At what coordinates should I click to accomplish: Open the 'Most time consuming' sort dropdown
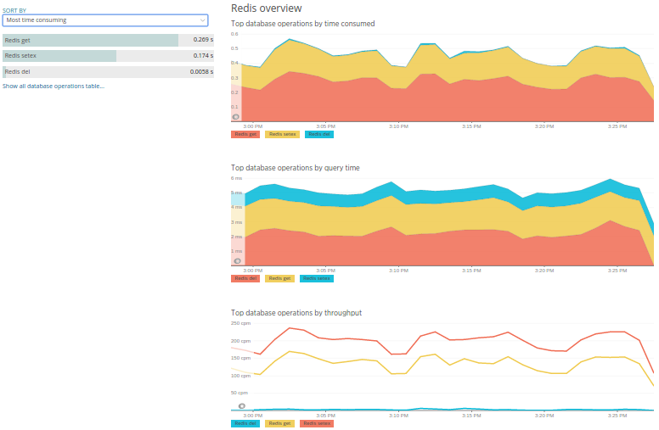pos(105,20)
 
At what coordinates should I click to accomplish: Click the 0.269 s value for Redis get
pos(202,40)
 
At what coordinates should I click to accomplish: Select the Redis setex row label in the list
pos(20,56)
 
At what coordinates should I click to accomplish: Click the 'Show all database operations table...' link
pos(54,87)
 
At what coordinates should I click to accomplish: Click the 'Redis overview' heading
pos(266,8)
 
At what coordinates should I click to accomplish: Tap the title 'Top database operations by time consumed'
pos(302,24)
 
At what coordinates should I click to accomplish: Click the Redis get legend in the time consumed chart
pos(245,134)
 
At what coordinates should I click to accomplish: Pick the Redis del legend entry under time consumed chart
pos(318,134)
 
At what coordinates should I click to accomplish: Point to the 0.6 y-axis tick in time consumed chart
pos(234,35)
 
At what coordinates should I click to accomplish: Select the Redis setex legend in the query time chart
pos(316,278)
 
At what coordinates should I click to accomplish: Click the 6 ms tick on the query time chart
pos(237,178)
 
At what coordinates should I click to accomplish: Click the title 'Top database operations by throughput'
pos(296,313)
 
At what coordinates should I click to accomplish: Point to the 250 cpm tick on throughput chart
pos(240,323)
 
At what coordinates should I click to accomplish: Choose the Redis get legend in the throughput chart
pos(280,422)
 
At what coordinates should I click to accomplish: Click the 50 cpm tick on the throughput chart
pos(239,393)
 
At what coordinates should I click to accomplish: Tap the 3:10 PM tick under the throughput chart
pos(398,415)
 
